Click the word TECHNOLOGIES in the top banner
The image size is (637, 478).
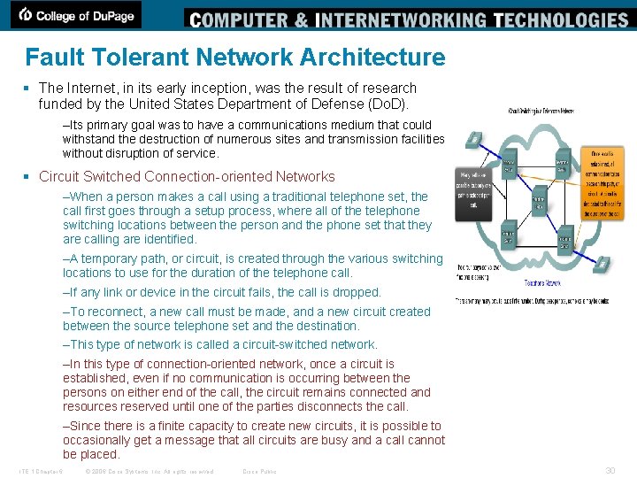click(561, 19)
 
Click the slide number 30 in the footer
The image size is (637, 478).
click(610, 471)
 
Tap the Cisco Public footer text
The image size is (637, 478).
click(259, 471)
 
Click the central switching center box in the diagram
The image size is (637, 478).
click(538, 202)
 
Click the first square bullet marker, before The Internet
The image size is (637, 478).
click(29, 89)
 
